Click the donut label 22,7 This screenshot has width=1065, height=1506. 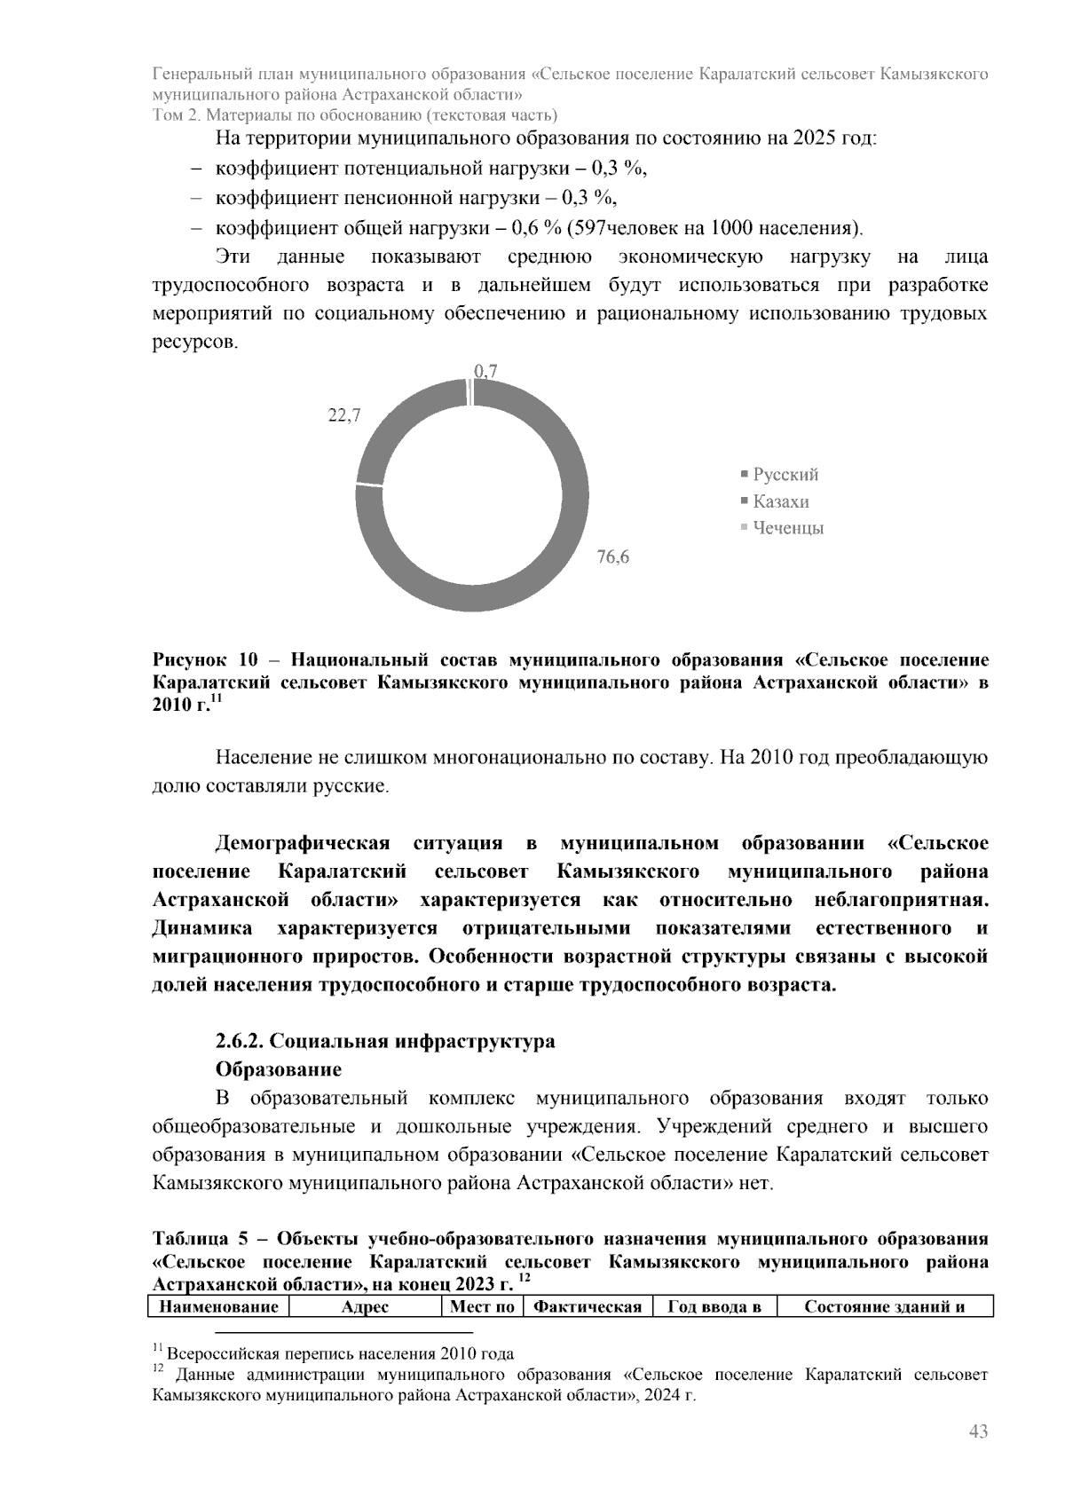point(344,415)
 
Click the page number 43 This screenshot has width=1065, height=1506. point(978,1431)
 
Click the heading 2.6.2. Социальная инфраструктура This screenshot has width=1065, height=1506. point(385,1040)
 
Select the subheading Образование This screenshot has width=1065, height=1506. point(278,1068)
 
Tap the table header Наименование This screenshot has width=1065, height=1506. point(218,1306)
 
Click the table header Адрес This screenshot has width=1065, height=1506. point(365,1306)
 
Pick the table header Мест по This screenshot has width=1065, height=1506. point(482,1306)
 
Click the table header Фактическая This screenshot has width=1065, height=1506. point(588,1306)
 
